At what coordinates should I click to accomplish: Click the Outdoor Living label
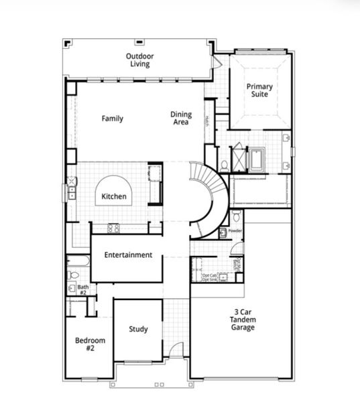(x=139, y=60)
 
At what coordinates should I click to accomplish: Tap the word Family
(x=112, y=119)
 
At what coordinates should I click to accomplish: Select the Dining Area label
(x=180, y=119)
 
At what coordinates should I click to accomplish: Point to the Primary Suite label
(x=259, y=90)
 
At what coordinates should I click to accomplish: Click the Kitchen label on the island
(x=114, y=197)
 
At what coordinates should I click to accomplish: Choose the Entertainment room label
(x=127, y=255)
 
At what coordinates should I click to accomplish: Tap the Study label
(x=138, y=329)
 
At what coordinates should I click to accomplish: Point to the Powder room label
(x=235, y=230)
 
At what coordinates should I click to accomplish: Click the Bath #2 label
(x=82, y=289)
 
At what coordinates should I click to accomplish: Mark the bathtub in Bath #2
(x=78, y=261)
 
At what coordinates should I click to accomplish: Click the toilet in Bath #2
(x=74, y=275)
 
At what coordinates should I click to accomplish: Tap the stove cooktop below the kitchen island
(x=114, y=228)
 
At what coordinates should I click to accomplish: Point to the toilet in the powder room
(x=236, y=216)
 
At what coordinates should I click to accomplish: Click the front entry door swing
(x=175, y=350)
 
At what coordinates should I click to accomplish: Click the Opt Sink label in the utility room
(x=210, y=279)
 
